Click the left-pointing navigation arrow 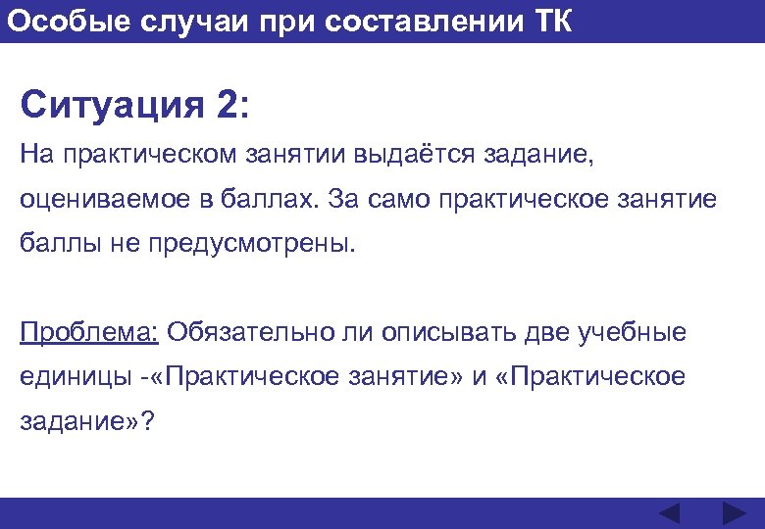669,514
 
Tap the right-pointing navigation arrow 734,514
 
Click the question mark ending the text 148,421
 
